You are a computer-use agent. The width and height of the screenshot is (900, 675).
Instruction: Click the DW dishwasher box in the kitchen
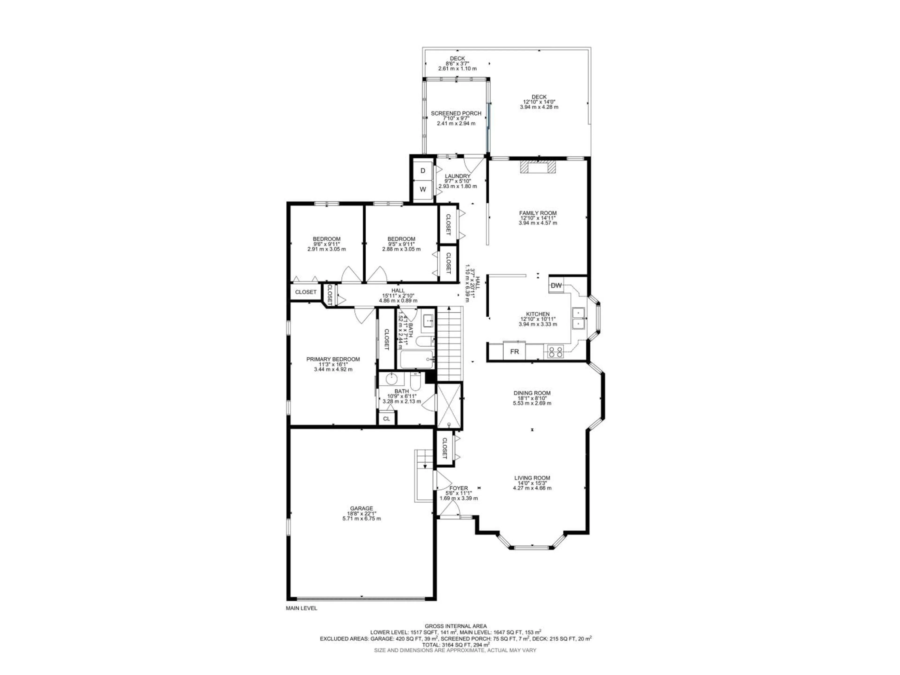click(x=556, y=285)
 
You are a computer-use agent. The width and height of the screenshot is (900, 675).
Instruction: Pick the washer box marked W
click(x=423, y=189)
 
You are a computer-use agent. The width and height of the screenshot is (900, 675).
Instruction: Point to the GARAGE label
click(x=361, y=508)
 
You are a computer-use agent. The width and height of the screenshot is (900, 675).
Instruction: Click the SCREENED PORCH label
click(x=456, y=113)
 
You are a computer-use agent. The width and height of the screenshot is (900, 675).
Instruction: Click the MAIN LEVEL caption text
click(x=301, y=620)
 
